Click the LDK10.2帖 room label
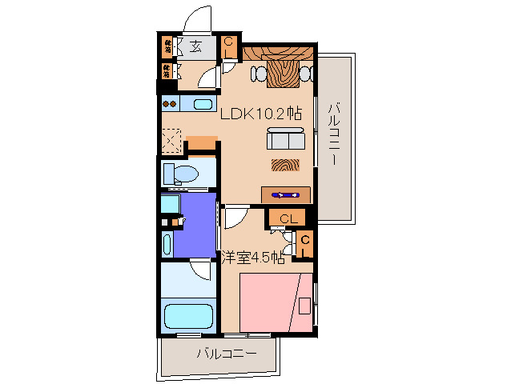click(x=260, y=114)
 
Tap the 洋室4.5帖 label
click(x=252, y=258)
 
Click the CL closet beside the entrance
click(x=229, y=47)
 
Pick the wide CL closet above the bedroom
click(x=289, y=218)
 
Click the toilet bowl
click(x=184, y=174)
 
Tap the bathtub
click(x=189, y=315)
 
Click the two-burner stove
click(x=169, y=103)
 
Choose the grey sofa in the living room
click(x=286, y=141)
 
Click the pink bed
click(x=276, y=302)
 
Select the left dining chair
click(x=260, y=74)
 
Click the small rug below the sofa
click(x=283, y=166)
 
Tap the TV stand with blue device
click(x=286, y=194)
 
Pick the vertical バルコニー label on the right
click(x=336, y=133)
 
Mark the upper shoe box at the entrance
click(x=168, y=45)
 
